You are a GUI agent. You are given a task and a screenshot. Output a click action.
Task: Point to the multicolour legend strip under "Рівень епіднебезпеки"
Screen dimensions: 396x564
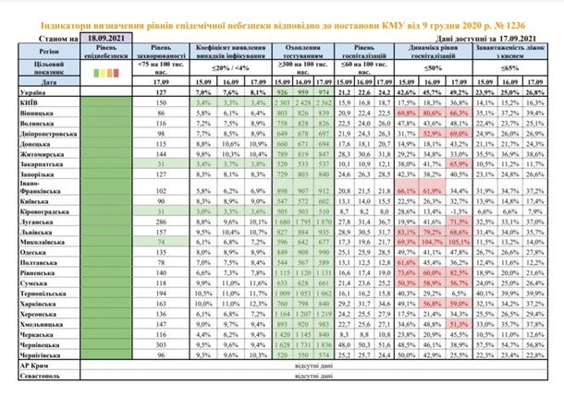pos(110,69)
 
